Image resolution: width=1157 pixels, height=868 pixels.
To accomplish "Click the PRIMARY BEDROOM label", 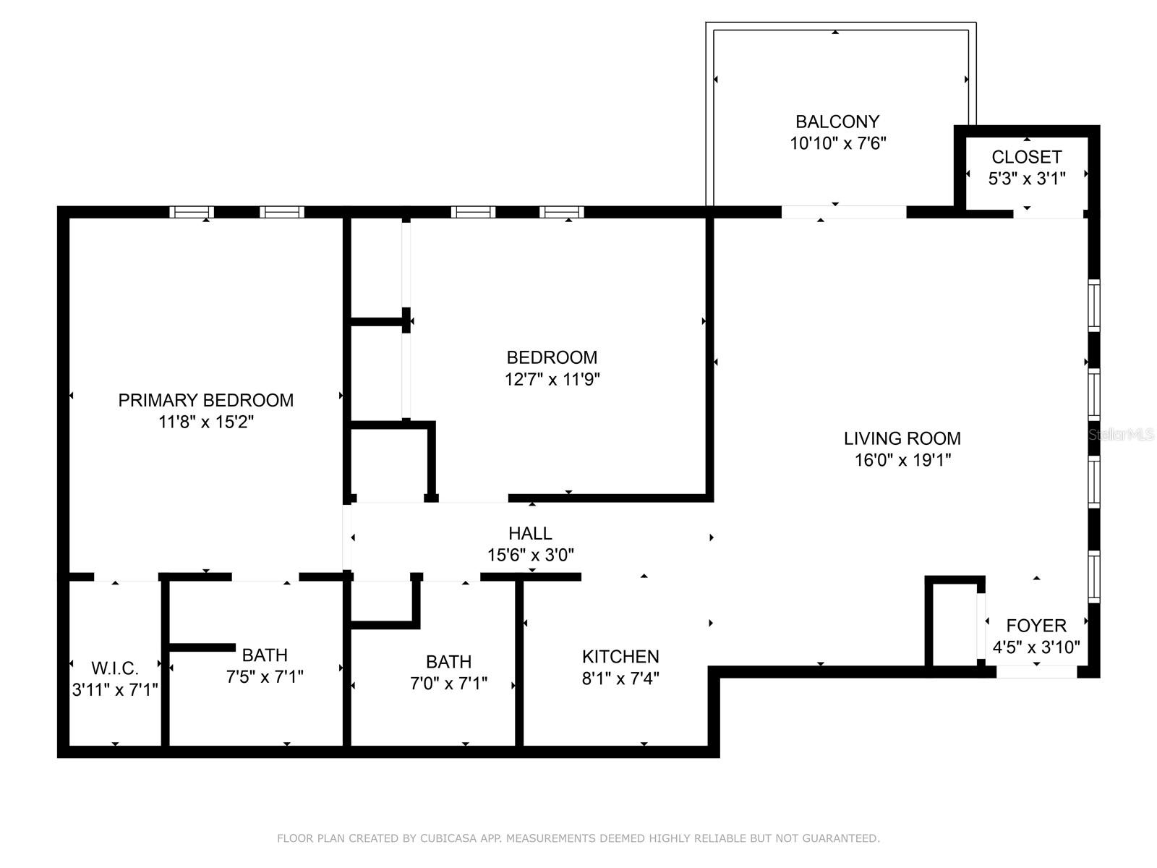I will [205, 400].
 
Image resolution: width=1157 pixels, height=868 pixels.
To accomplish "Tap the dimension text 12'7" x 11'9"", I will [552, 379].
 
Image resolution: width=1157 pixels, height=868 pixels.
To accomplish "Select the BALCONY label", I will [837, 122].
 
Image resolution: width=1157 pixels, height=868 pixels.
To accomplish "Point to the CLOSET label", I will [1026, 157].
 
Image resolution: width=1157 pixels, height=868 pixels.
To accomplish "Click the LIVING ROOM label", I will [902, 438].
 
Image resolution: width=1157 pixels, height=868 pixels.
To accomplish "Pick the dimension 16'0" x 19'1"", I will [902, 460].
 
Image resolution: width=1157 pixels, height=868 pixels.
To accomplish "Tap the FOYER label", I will [1036, 626].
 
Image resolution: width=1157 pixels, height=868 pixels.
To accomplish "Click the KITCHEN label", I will [620, 657].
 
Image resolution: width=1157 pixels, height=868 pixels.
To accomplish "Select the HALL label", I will [530, 534].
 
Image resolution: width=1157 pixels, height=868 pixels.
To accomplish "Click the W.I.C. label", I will [114, 668].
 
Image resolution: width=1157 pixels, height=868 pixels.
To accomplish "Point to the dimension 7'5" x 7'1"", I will [265, 677].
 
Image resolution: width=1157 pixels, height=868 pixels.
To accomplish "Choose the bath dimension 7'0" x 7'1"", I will [448, 684].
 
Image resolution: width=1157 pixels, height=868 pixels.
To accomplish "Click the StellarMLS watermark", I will [1121, 435].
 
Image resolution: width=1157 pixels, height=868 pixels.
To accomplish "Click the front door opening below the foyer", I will [1036, 672].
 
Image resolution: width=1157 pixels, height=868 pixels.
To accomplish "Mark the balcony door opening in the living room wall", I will [843, 212].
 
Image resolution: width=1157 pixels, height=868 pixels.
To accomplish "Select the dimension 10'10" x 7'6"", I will [837, 143].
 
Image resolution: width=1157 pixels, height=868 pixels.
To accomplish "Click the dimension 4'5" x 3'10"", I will [1036, 647].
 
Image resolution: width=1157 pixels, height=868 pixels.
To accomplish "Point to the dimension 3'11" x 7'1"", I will [114, 689].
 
